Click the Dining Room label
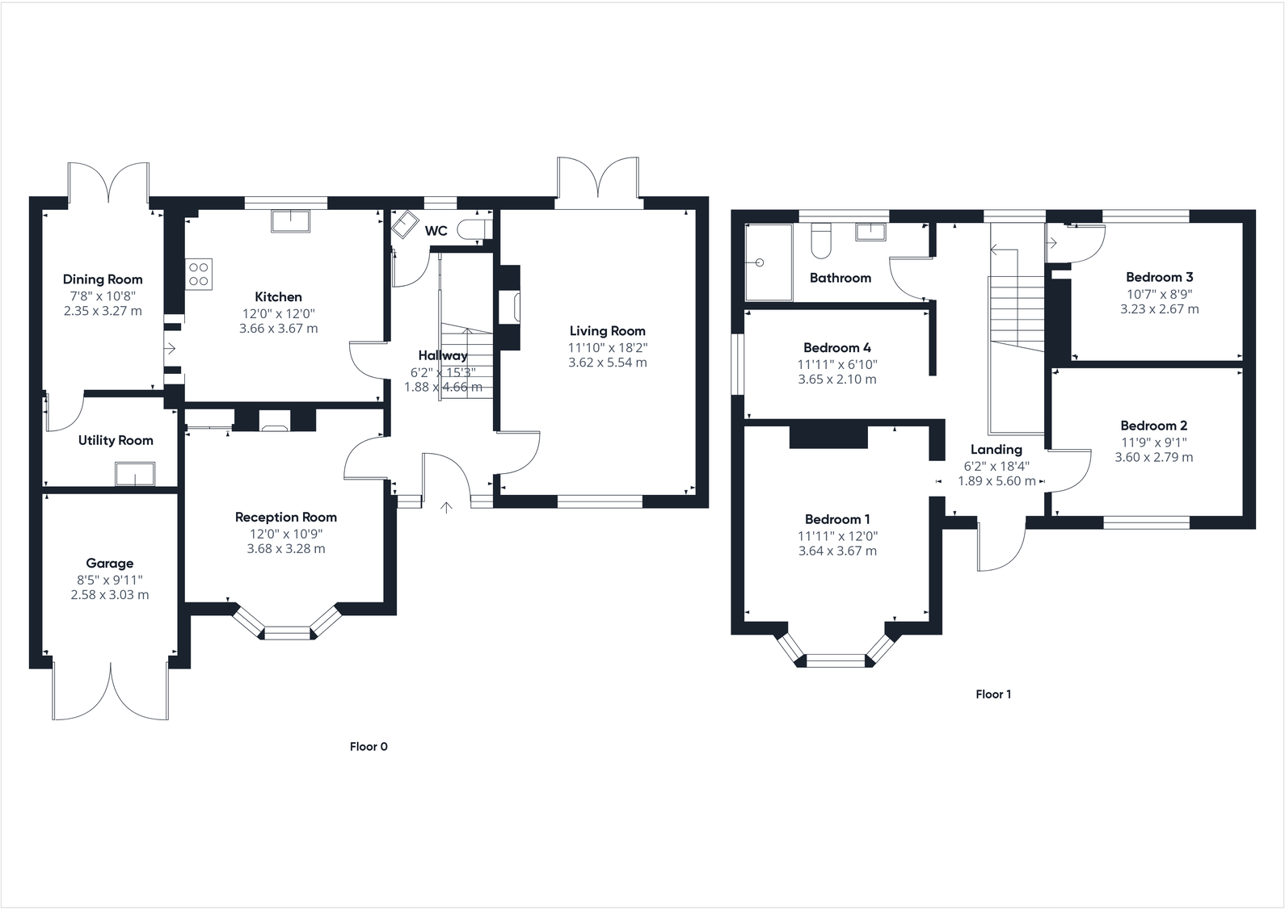103,279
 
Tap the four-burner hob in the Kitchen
199,274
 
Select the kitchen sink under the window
291,220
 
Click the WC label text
436,231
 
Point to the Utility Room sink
134,474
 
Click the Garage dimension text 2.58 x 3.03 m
110,595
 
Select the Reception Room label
286,518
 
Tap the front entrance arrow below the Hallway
446,507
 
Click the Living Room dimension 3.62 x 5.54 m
608,363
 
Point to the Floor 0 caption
369,747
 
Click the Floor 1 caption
993,694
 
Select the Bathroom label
841,278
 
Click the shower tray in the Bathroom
769,262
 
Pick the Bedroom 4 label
837,348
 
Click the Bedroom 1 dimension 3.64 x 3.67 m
837,551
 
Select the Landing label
996,450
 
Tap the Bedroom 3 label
1160,277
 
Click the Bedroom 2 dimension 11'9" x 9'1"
1154,442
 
